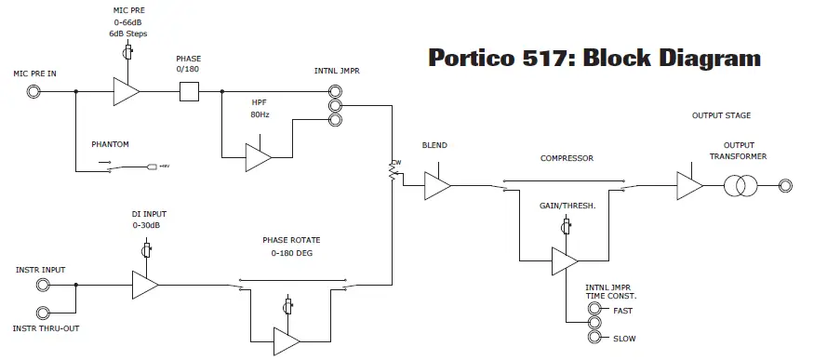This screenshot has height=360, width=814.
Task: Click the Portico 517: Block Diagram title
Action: pos(594,58)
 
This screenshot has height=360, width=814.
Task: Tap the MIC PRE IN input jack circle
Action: pos(33,91)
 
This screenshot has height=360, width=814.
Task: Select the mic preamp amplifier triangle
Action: pos(124,91)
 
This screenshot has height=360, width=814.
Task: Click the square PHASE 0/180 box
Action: pos(189,91)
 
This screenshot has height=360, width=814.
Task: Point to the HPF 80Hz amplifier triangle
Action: pos(257,157)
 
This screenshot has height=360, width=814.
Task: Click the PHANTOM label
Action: pos(111,144)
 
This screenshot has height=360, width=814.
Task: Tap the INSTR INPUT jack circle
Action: pos(44,285)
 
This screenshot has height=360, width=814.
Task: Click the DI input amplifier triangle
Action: pos(144,285)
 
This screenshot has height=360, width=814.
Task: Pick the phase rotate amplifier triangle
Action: pos(286,341)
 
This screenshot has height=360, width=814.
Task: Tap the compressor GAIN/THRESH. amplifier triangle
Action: pos(563,260)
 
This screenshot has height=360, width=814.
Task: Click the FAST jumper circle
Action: pos(594,310)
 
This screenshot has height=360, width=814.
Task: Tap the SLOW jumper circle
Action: pos(594,338)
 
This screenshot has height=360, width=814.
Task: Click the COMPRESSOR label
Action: pos(567,158)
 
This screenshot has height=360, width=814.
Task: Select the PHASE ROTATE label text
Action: pos(291,240)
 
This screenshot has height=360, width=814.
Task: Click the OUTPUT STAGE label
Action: pos(721,115)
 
